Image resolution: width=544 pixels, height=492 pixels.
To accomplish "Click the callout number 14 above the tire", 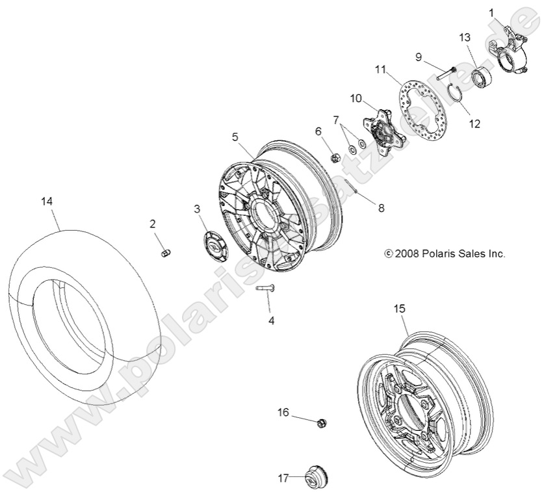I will click(46, 201).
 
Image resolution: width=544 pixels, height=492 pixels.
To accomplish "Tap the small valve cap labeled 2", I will click(165, 252).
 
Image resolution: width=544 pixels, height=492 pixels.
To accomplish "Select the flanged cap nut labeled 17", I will click(318, 479).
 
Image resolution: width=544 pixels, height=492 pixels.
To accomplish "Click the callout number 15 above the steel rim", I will click(399, 309).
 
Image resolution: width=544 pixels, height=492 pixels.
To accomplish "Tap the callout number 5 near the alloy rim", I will click(235, 136).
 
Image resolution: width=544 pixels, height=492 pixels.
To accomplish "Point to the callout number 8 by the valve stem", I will click(381, 208).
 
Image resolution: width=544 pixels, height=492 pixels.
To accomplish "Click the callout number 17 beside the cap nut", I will click(283, 478).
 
